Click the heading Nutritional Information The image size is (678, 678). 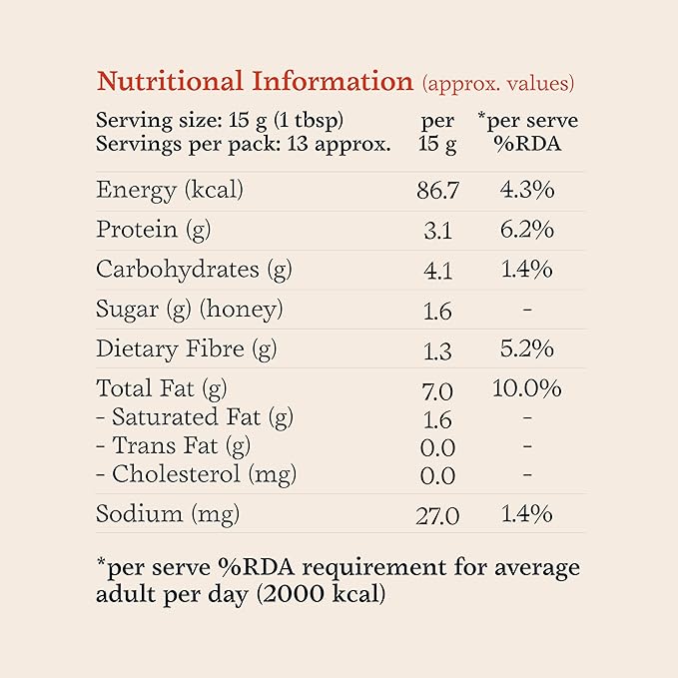tap(254, 82)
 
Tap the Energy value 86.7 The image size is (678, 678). tap(437, 191)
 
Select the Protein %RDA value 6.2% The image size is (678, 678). tap(526, 230)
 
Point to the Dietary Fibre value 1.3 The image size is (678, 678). tap(437, 350)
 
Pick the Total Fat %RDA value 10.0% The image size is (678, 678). tap(526, 387)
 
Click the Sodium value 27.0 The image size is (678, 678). tap(437, 515)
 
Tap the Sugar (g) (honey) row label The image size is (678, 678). tap(189, 310)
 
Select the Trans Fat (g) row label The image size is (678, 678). tap(174, 445)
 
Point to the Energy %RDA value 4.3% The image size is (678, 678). tap(526, 189)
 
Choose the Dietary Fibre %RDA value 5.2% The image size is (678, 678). tap(526, 349)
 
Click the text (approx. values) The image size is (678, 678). tap(498, 84)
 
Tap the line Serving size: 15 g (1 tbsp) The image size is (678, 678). tap(220, 121)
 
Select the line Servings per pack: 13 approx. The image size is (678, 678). tap(243, 143)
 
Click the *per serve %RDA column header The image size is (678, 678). tap(526, 132)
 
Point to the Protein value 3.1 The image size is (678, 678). tap(437, 231)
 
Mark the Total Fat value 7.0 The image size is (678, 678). tap(437, 389)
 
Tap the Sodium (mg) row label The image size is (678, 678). tap(168, 514)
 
